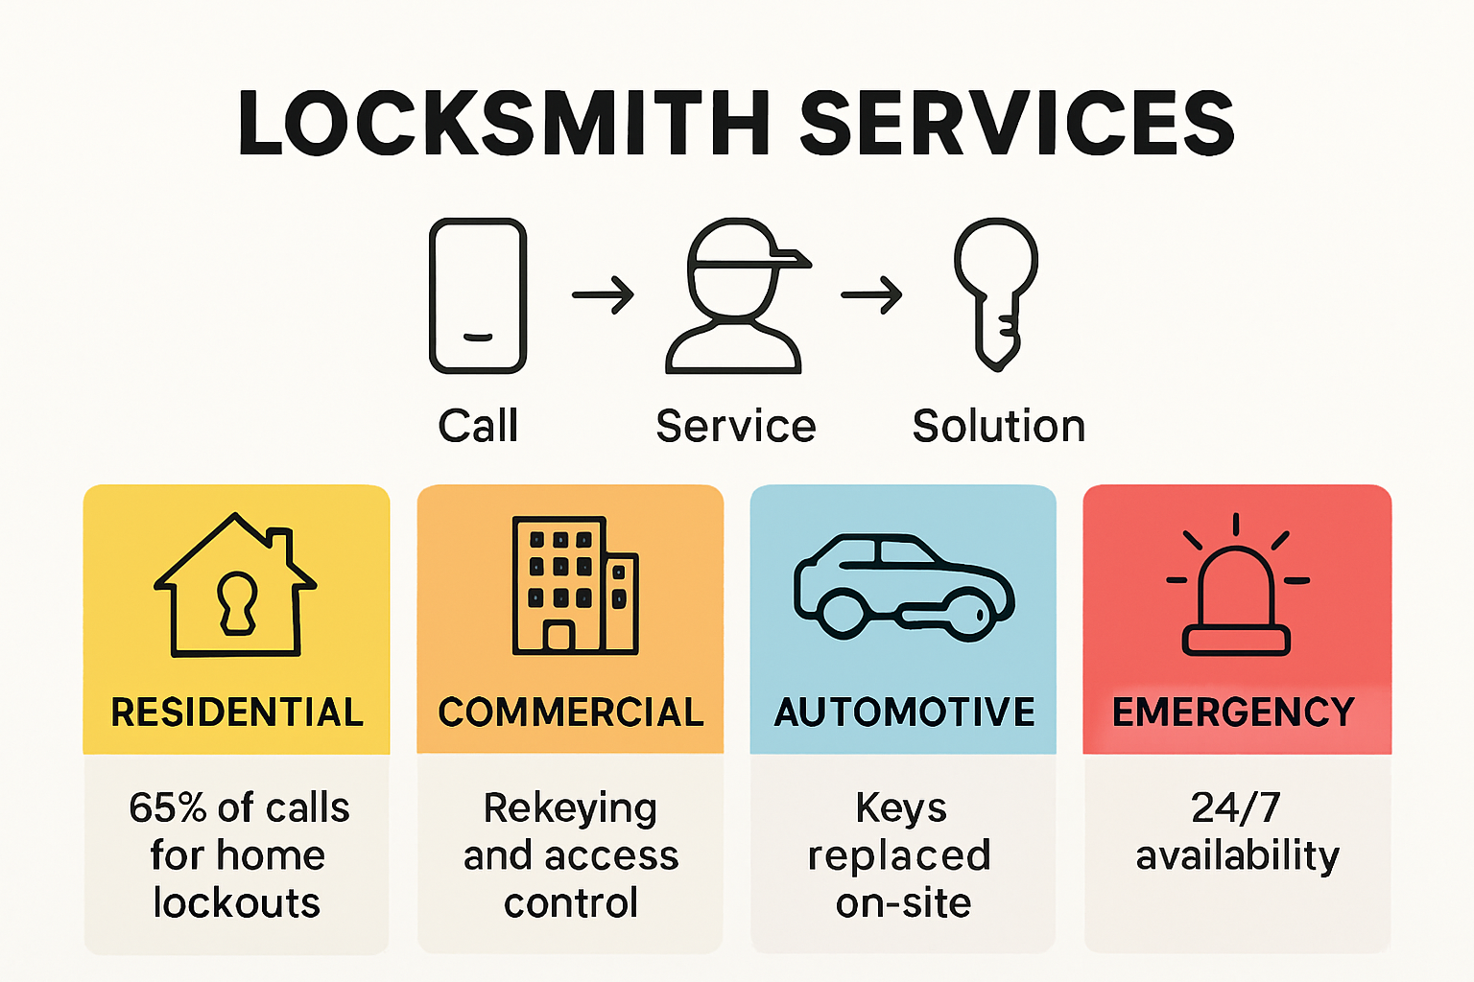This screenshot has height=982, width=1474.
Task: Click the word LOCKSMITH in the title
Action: click(x=505, y=124)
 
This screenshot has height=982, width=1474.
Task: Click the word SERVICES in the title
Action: click(x=1016, y=124)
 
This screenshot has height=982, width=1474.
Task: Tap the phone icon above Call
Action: click(x=478, y=295)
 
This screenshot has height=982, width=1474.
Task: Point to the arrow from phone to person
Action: click(x=604, y=294)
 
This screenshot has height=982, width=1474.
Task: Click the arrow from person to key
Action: click(x=871, y=294)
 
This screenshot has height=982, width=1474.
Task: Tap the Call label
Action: click(x=478, y=426)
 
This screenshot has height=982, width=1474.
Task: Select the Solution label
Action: click(x=998, y=426)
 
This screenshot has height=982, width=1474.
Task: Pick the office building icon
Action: click(x=574, y=586)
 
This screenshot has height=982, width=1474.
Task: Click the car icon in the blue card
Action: click(x=903, y=587)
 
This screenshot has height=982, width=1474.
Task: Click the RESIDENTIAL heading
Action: click(x=237, y=713)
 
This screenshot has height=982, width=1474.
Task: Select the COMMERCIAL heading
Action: click(x=571, y=713)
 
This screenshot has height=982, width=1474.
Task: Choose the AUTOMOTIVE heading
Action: click(x=904, y=713)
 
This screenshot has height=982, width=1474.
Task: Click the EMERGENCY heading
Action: click(x=1234, y=713)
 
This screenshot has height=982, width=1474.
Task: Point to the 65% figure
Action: click(x=167, y=808)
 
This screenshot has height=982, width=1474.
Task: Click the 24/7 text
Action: click(x=1236, y=808)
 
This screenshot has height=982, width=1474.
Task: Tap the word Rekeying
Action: click(x=570, y=808)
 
